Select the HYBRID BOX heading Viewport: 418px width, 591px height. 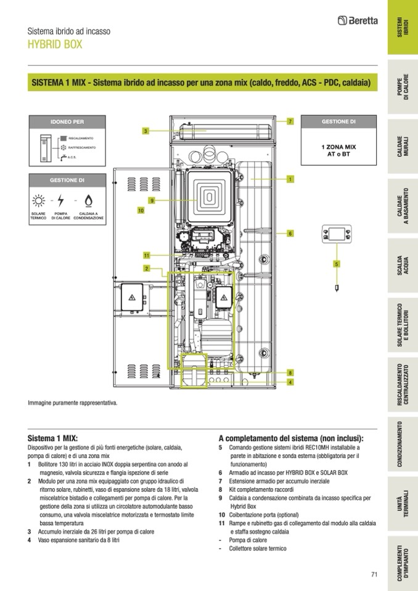click(x=55, y=44)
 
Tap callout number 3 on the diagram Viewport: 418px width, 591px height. click(x=145, y=131)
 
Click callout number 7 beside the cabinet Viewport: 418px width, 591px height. click(x=290, y=121)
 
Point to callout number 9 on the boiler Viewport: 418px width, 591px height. click(x=151, y=200)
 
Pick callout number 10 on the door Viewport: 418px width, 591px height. click(x=141, y=210)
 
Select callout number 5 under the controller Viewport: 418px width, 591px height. click(x=337, y=264)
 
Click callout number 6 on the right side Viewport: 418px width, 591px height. click(x=290, y=234)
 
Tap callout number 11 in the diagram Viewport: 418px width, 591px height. click(x=146, y=255)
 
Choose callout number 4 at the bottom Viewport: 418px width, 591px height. click(x=290, y=382)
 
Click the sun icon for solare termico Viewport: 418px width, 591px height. click(x=39, y=200)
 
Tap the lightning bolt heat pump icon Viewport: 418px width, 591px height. click(x=60, y=200)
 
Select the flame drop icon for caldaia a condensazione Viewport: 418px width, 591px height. click(x=88, y=200)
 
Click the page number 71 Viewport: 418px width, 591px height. click(x=374, y=575)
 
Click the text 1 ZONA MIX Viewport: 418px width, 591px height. click(x=338, y=148)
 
